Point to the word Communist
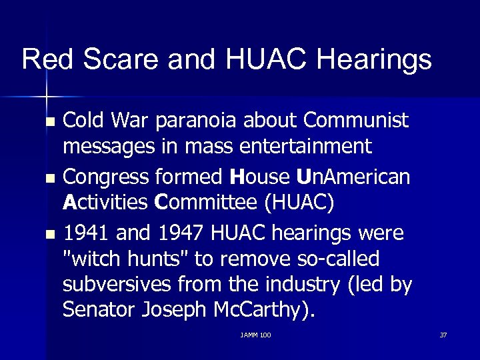tap(356, 121)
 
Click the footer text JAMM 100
tap(255, 335)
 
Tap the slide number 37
tap(443, 335)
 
